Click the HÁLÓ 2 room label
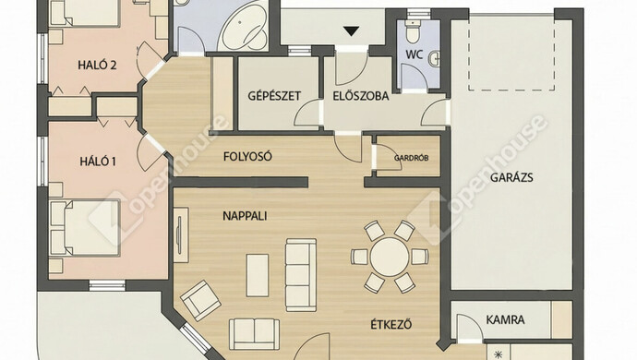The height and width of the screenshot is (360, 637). (97, 65)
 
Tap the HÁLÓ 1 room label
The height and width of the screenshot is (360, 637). (98, 162)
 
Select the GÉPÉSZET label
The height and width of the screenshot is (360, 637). (274, 96)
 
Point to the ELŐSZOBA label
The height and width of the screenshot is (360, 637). (361, 96)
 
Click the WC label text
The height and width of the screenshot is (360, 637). (415, 54)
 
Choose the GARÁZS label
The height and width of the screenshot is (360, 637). (511, 177)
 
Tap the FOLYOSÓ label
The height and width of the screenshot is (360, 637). (247, 156)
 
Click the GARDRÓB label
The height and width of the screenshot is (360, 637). (411, 158)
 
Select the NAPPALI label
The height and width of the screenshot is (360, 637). (245, 216)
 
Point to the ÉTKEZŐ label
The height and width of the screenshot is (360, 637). (391, 325)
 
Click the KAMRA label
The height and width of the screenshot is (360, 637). (505, 319)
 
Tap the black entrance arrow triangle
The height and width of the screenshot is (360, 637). (352, 30)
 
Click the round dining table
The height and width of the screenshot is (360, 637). (390, 257)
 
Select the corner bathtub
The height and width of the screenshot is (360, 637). (245, 30)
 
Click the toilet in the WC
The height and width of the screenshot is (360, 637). (413, 31)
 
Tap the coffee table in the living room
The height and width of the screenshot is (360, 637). (258, 275)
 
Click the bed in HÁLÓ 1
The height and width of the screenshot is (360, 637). (85, 228)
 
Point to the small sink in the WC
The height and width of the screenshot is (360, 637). (436, 59)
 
